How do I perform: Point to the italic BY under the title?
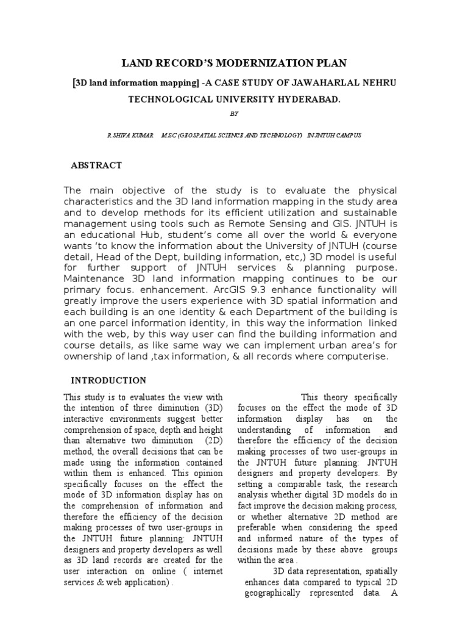pos(234,114)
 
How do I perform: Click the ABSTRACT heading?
pos(97,165)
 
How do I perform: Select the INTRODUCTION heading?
pos(109,380)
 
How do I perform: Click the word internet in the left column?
pos(207,571)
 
